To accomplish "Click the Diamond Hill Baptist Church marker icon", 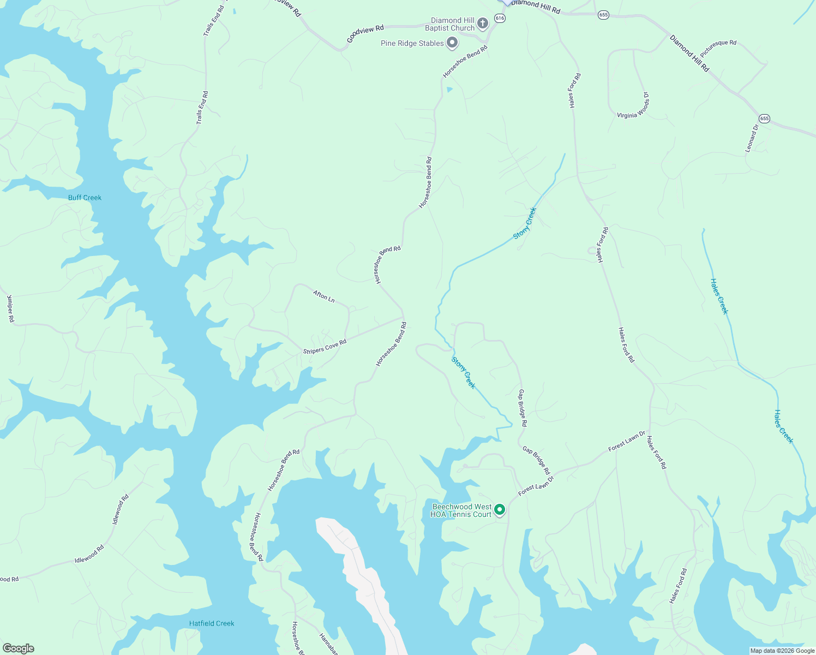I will [482, 23].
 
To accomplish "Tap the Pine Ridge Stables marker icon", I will [452, 43].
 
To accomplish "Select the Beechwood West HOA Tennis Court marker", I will [499, 510].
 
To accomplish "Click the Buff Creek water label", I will [85, 198].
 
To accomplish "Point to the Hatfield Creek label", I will [212, 623].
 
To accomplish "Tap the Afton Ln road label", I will [323, 296].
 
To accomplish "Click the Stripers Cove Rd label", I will [325, 347].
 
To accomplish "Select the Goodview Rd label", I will [365, 34].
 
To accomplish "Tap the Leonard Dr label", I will [752, 139].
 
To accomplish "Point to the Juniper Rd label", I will [10, 308].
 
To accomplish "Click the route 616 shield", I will [500, 18].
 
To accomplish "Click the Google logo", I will [18, 648].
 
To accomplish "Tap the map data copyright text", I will [782, 651].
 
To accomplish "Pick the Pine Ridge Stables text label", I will [412, 43].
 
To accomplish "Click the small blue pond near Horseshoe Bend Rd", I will [449, 90].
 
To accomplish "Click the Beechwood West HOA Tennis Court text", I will [461, 510].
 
